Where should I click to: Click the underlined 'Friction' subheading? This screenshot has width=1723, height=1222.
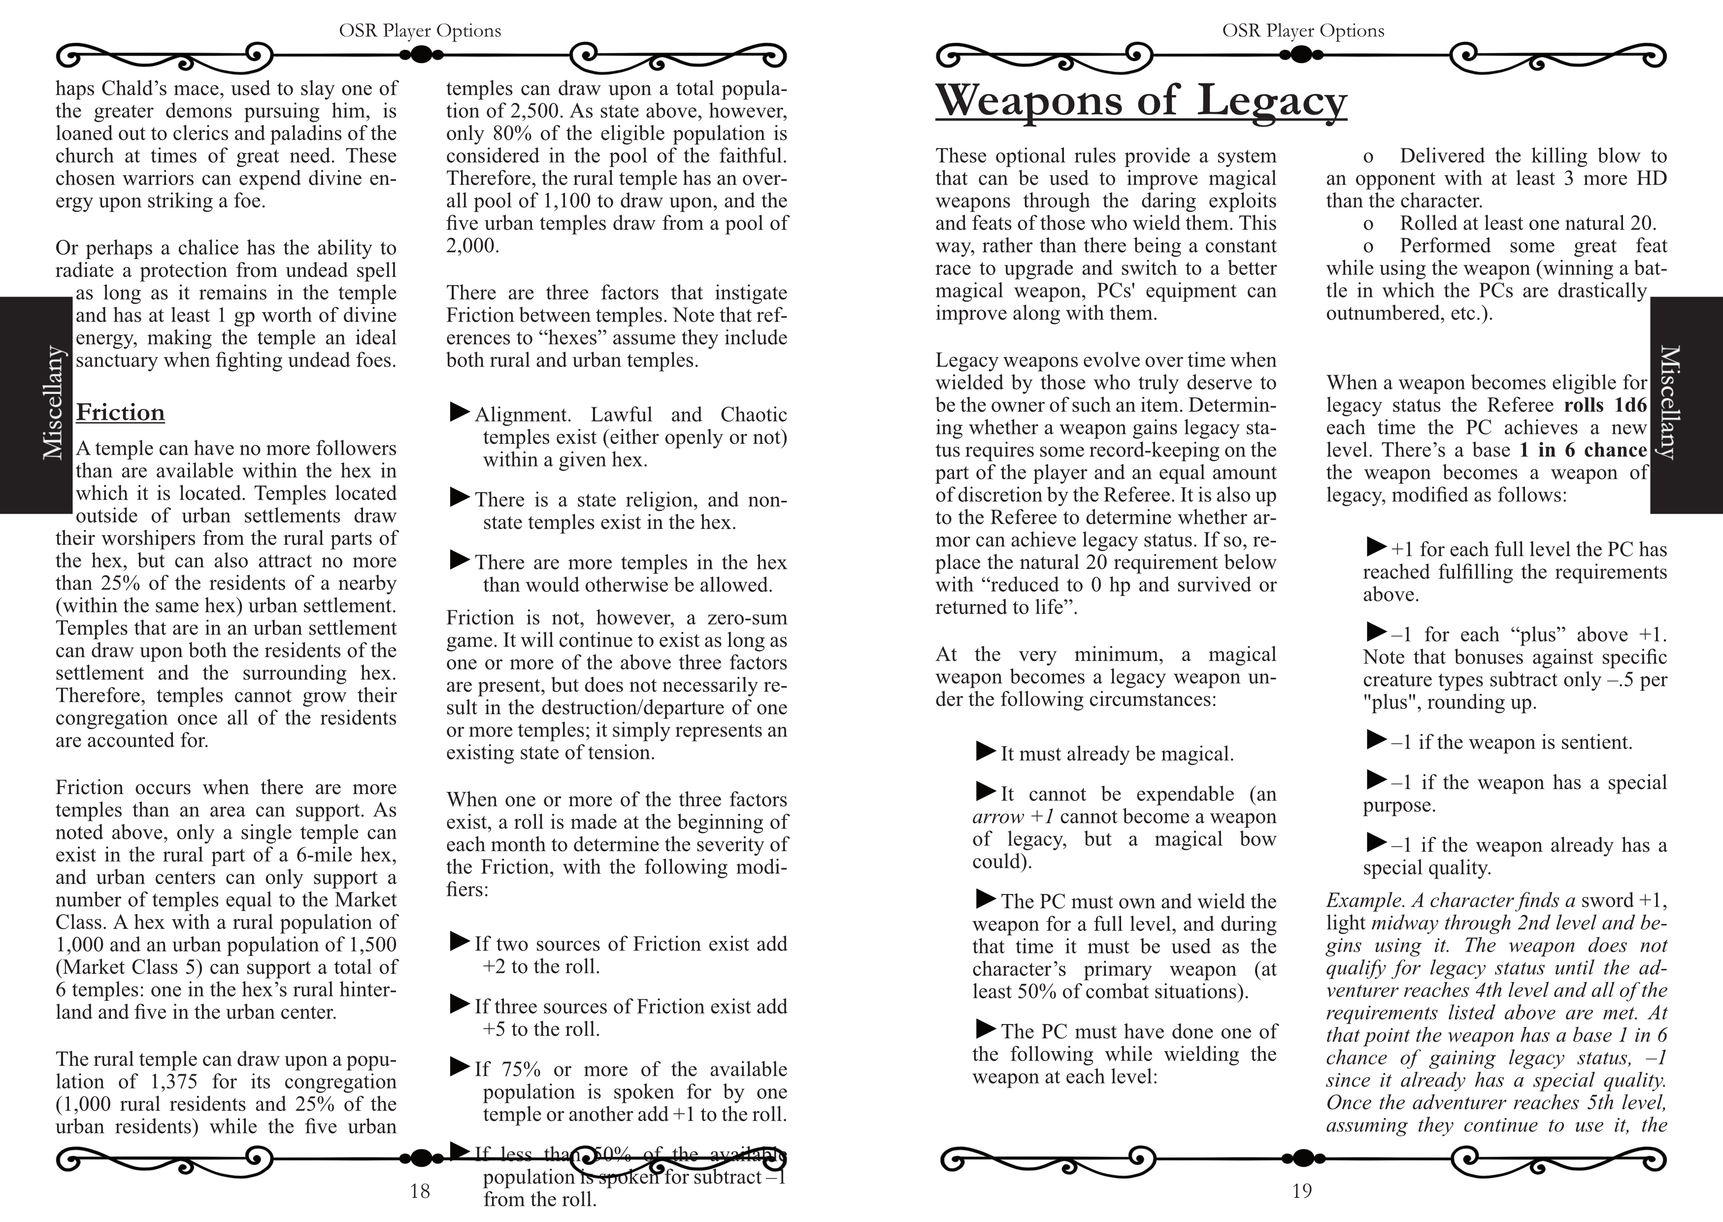point(120,412)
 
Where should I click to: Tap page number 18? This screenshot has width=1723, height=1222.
point(420,1191)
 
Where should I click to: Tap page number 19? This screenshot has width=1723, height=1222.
point(1302,1191)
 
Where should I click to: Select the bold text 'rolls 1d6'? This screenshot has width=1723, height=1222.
point(1605,405)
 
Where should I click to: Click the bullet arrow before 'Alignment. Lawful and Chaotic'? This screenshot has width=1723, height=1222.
point(459,412)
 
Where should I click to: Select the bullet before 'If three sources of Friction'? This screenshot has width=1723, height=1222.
point(459,1004)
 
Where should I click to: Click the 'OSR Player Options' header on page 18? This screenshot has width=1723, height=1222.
point(420,31)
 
